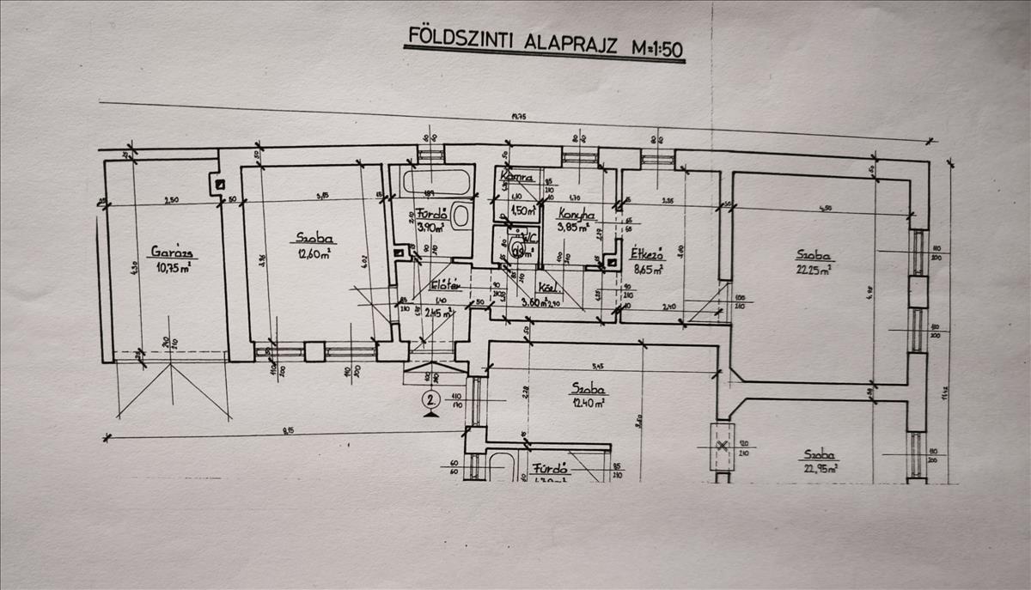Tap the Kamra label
519,179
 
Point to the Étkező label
646,254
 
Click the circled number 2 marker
431,398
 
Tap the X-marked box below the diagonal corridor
723,446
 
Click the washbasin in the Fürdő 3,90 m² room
462,216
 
